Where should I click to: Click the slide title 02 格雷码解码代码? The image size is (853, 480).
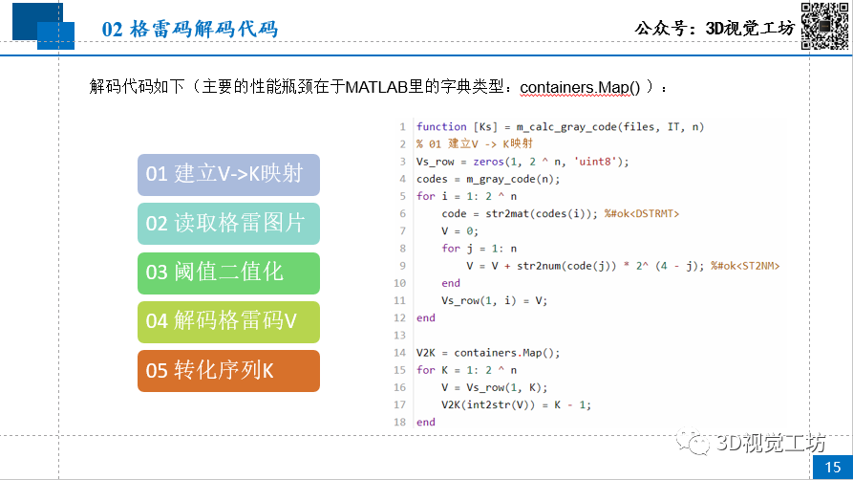pos(190,30)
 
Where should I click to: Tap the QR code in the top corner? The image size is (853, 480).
pos(823,26)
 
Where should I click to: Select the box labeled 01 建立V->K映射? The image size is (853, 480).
pos(227,174)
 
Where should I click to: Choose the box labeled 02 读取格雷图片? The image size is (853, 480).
pos(227,224)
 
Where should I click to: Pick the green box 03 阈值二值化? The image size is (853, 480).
pos(227,273)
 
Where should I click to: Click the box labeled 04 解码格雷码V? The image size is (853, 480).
pos(227,321)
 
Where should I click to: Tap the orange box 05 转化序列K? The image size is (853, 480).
pos(227,371)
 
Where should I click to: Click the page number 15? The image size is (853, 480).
pos(831,466)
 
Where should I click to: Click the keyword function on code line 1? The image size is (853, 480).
pos(441,127)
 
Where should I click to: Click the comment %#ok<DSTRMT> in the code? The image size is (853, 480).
pos(641,213)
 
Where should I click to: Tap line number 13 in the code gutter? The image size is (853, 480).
pos(400,335)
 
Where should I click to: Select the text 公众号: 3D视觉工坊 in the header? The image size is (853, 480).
pos(714,29)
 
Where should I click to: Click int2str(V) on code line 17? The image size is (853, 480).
pos(497,404)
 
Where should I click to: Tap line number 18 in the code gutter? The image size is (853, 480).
pos(400,422)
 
